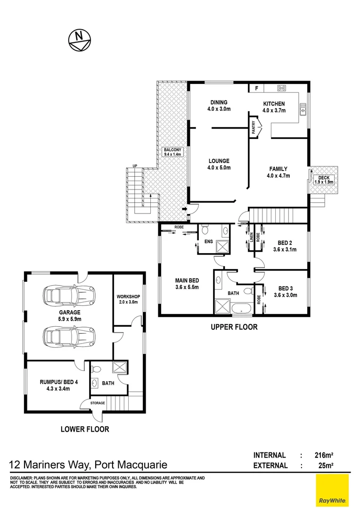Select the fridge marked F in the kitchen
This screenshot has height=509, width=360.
point(256,88)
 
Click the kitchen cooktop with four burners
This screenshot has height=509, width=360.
point(282,88)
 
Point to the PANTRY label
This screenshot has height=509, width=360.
point(254,129)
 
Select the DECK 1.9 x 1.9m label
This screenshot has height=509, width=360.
point(324,180)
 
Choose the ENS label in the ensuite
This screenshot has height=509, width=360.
point(208,242)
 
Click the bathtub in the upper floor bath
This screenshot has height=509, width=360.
point(242,309)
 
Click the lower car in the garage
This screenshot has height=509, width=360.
point(68,337)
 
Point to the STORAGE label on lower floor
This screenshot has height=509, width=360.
point(95,403)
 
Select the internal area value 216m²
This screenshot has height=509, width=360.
point(324,455)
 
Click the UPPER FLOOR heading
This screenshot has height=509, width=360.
point(234,327)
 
